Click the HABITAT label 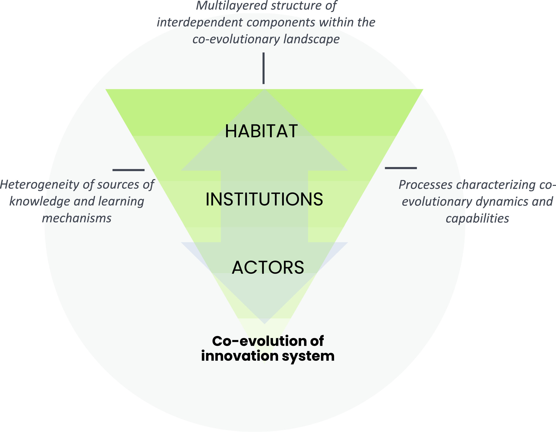[261, 131]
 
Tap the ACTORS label [268, 268]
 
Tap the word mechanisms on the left [77, 218]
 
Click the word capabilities [477, 218]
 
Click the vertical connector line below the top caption [264, 68]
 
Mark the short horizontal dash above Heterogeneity [129, 170]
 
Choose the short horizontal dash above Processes [401, 168]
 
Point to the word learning [121, 202]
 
